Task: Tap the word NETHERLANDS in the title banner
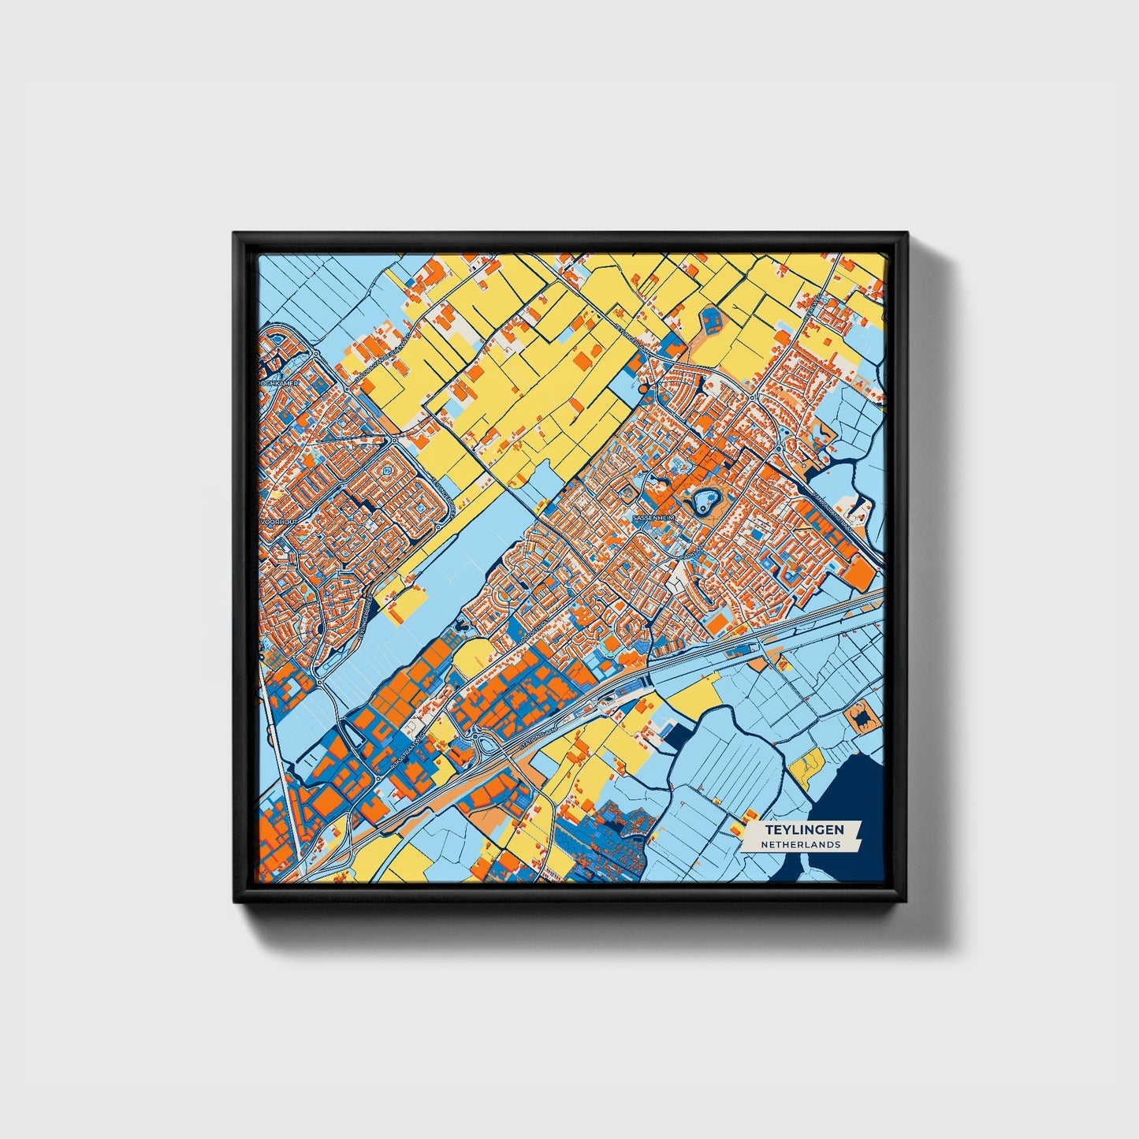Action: pos(800,844)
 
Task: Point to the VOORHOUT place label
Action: pos(277,521)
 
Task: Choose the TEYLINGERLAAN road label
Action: pos(631,331)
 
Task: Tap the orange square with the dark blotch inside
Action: pos(861,717)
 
